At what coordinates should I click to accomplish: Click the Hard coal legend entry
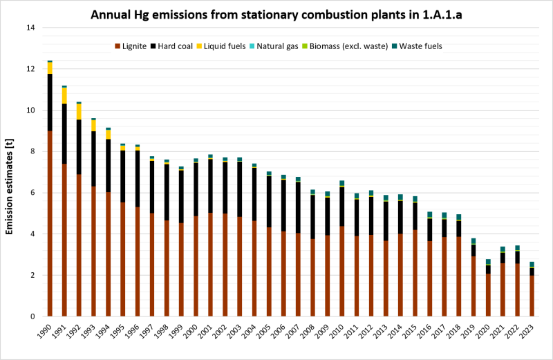click(179, 46)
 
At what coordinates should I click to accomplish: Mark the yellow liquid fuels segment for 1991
click(64, 95)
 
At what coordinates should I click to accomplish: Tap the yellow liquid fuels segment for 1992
click(79, 111)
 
